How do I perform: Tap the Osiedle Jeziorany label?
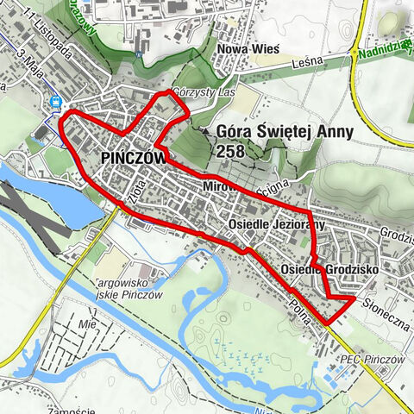pos(276,225)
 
